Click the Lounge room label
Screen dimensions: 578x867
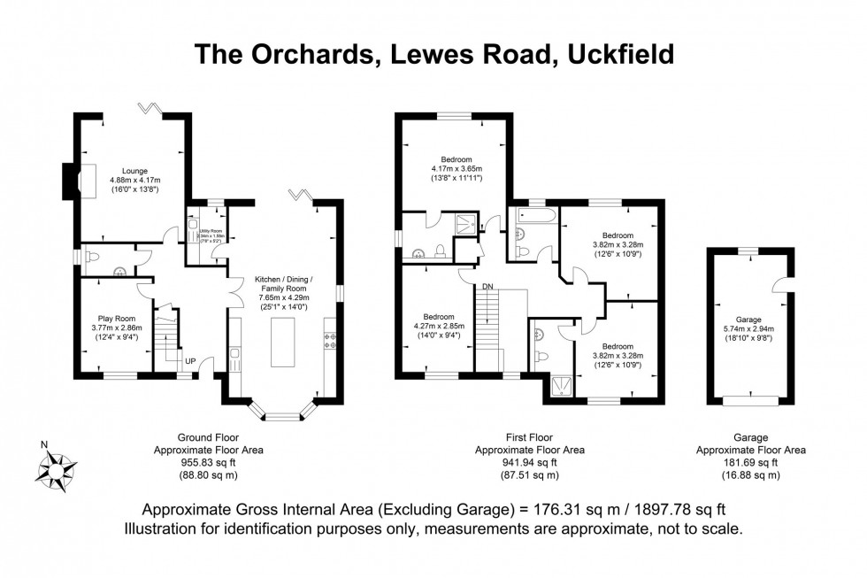134,170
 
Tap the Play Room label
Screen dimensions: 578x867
116,318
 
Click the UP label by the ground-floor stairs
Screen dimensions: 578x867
190,360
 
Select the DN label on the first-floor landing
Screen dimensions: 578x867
487,286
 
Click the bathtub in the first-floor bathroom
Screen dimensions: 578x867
534,216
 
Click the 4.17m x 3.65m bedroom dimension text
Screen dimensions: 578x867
457,169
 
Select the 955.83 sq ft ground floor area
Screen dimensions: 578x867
208,462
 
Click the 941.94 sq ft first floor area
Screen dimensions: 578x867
529,462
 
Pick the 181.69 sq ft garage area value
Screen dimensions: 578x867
750,462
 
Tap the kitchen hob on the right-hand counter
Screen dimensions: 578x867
333,340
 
